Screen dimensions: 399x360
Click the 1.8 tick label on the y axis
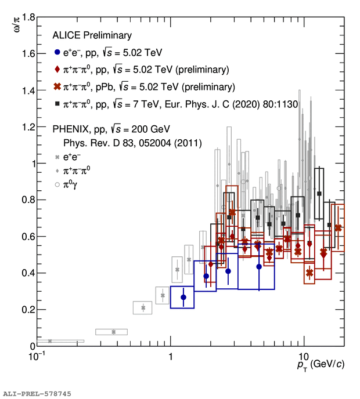pos(25,18)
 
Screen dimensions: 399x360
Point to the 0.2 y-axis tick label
pos(25,310)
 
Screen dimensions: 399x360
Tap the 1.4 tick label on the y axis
pos(25,90)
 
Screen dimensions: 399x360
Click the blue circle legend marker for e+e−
pos(56,53)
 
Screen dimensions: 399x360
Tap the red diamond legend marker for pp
pos(56,70)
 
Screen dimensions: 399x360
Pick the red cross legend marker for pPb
pos(56,88)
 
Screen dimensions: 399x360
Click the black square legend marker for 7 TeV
pos(56,104)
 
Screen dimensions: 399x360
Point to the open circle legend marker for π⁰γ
pos(56,185)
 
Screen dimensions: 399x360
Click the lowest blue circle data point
pos(183,298)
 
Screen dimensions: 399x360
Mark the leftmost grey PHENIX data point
pos(50,341)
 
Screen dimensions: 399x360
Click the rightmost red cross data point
pos(339,228)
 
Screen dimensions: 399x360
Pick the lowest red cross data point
pos(309,272)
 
